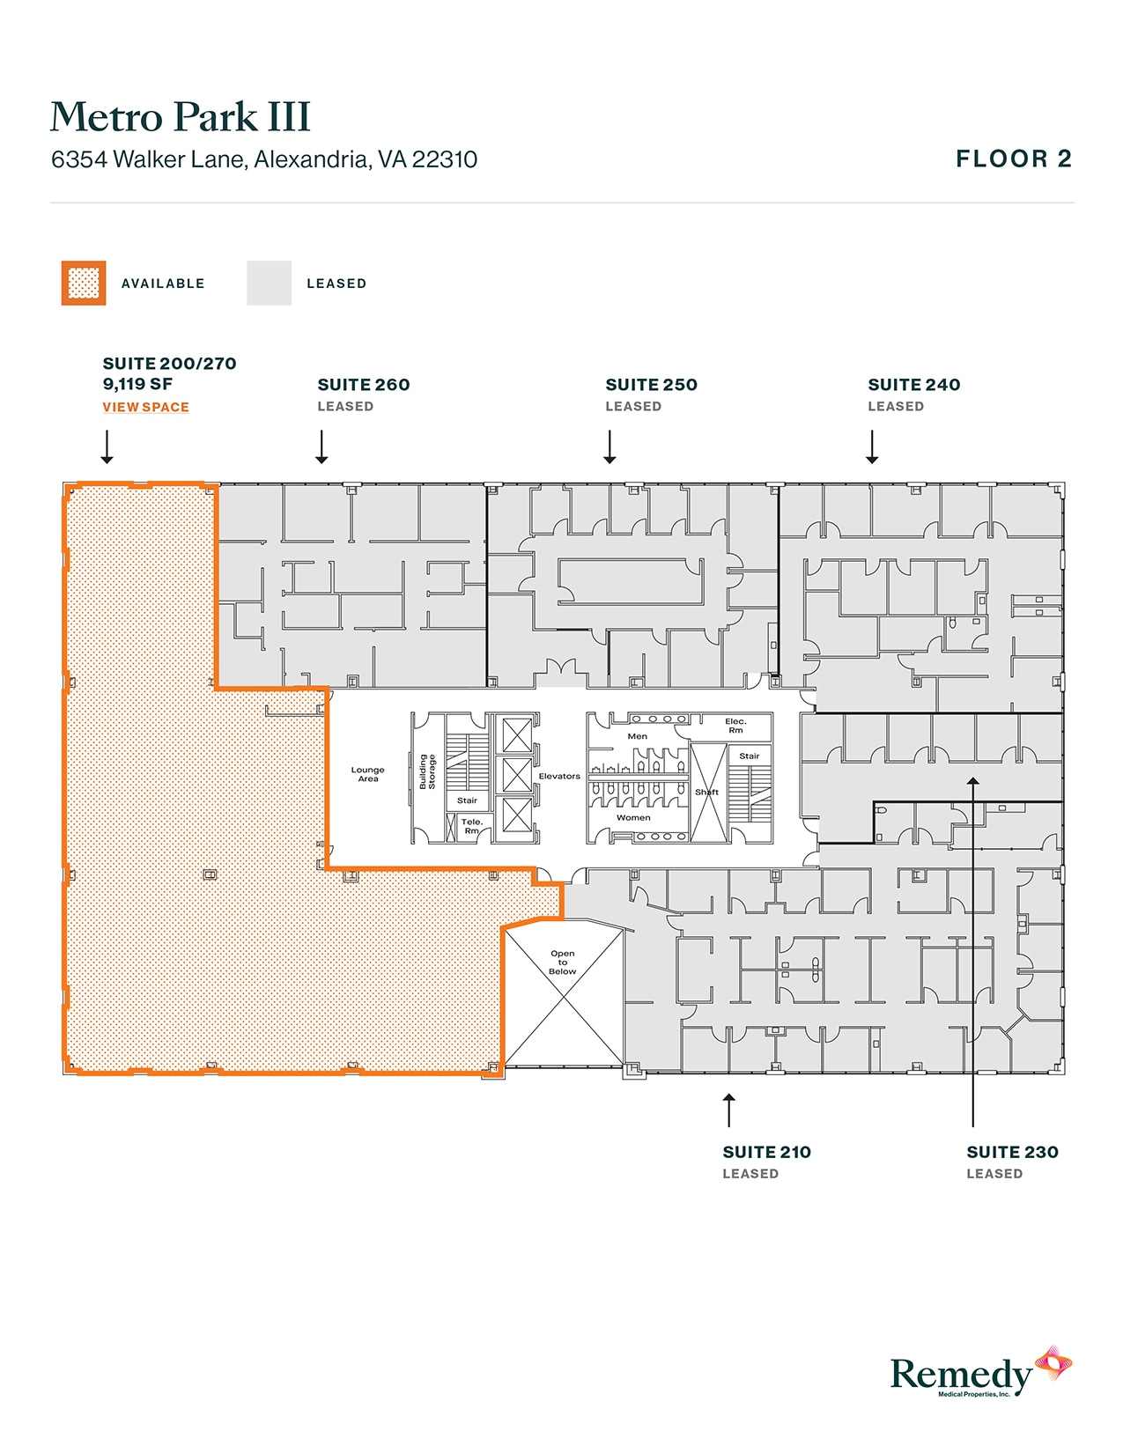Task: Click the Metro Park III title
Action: tap(181, 117)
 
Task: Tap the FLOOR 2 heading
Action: tap(1013, 159)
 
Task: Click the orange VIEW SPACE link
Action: tap(145, 407)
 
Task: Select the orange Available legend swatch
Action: tap(84, 284)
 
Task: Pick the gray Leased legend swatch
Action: tap(269, 284)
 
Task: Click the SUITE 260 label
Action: tap(363, 385)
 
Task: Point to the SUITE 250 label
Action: tap(651, 385)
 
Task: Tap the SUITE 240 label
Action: tap(913, 385)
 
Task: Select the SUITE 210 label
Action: tap(766, 1152)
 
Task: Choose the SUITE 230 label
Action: tap(1012, 1152)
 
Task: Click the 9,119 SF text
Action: tap(137, 384)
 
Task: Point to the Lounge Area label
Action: tap(367, 774)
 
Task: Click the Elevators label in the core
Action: tap(559, 776)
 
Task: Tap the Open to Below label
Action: tap(562, 962)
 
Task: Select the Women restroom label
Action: tap(633, 817)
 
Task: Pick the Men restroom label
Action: tap(637, 736)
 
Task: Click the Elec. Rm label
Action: tap(735, 726)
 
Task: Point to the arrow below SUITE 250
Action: tap(610, 446)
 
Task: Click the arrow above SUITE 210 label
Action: tap(728, 1110)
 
